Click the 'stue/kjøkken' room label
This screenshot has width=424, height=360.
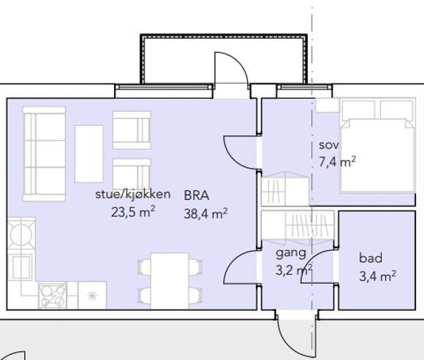point(133,195)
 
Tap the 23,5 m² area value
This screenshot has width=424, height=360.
point(133,212)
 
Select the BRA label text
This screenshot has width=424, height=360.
point(197,195)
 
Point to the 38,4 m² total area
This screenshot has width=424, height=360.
point(205,214)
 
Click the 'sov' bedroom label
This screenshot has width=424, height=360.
point(328,146)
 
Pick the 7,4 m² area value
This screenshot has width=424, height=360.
point(337,162)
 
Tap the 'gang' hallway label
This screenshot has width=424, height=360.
point(291,253)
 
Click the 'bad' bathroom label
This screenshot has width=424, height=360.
point(371,258)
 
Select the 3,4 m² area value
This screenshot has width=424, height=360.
point(377,277)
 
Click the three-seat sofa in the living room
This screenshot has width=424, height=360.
point(44,154)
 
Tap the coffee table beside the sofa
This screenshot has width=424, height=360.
point(89,154)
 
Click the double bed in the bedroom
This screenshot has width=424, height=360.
point(378,146)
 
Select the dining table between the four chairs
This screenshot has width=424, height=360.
point(170,281)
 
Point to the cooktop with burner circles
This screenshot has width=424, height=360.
point(53,296)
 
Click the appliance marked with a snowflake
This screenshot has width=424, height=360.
point(93,296)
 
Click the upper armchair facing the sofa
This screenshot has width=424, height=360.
point(132,130)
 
